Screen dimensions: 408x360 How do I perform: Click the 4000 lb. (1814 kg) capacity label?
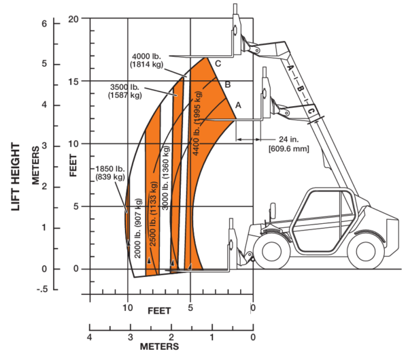coord(146,61)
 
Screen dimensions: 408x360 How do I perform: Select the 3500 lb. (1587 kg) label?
coord(125,91)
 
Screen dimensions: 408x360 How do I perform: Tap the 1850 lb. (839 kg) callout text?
coord(110,173)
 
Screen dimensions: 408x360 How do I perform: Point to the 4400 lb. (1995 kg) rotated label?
coord(197,123)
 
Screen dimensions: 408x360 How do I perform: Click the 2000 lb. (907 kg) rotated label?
coord(138,228)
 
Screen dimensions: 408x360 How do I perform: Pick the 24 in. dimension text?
coord(288,140)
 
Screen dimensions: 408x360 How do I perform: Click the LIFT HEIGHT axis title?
coord(16,177)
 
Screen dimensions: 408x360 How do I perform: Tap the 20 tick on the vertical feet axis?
coord(73,19)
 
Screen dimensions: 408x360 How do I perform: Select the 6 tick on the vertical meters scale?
coord(44,24)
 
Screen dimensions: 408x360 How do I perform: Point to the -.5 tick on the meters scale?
coord(42,289)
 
